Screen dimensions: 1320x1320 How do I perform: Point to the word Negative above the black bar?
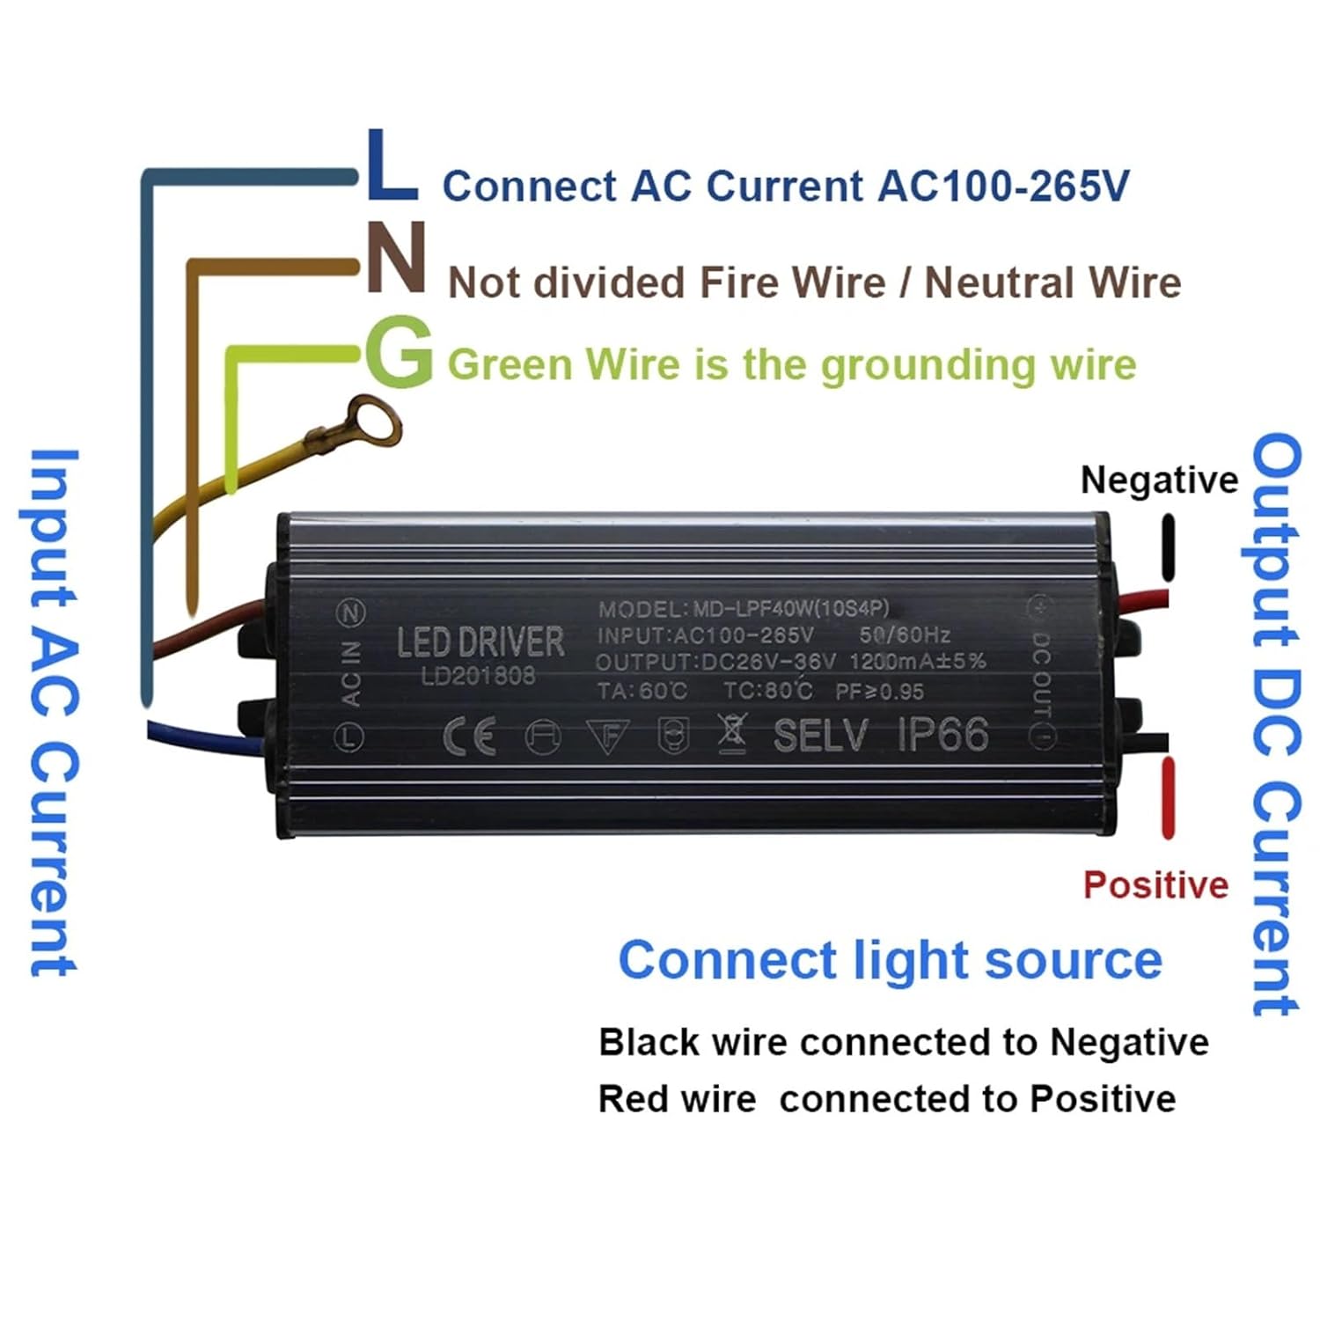[x=1158, y=480]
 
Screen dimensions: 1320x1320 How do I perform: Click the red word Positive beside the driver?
[x=1155, y=884]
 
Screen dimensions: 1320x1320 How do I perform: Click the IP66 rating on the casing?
[x=942, y=735]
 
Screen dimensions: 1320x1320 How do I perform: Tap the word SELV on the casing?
[x=820, y=736]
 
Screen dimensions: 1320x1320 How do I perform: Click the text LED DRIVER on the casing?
[x=480, y=642]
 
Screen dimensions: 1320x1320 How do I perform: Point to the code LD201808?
[x=478, y=676]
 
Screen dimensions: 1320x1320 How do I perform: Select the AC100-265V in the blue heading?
[x=1002, y=186]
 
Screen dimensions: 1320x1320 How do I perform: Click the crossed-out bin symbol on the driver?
[x=731, y=735]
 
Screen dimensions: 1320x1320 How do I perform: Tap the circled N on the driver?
[x=351, y=612]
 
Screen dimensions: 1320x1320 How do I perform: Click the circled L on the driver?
[x=350, y=737]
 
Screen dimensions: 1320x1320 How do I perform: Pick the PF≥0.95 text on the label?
[x=879, y=692]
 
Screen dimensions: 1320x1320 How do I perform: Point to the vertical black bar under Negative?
[x=1168, y=548]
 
